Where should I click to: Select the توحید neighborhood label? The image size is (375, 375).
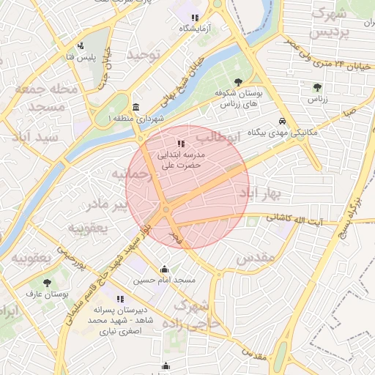(143, 56)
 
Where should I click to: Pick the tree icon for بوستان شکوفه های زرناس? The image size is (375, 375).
(237, 82)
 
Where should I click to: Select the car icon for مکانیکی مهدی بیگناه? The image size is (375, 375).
(282, 122)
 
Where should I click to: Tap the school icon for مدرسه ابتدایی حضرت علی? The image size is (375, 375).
(181, 144)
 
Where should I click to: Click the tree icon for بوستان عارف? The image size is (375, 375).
(48, 282)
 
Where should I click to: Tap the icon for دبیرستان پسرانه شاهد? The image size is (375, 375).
(120, 299)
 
